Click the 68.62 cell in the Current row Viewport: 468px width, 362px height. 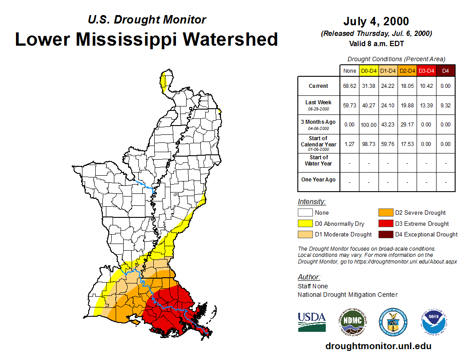coord(349,86)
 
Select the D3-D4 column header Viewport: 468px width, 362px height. coord(426,71)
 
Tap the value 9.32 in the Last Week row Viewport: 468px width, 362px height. coord(445,105)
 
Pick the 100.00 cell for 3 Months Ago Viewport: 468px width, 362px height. coord(369,125)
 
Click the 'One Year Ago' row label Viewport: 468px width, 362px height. coord(318,180)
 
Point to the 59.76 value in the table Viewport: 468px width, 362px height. coord(388,144)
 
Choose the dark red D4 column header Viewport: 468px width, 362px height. coord(445,71)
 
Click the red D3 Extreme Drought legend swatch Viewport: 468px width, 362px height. coord(385,224)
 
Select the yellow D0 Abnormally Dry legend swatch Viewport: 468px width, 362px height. coord(304,224)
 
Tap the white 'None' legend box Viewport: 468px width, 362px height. coord(304,213)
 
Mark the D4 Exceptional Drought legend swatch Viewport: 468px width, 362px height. coord(385,234)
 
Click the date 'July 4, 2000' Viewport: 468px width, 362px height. coord(376,21)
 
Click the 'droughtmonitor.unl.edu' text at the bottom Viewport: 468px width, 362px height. coord(378,346)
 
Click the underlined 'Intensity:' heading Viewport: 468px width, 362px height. coord(312,201)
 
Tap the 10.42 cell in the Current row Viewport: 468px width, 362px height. coord(426,86)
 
